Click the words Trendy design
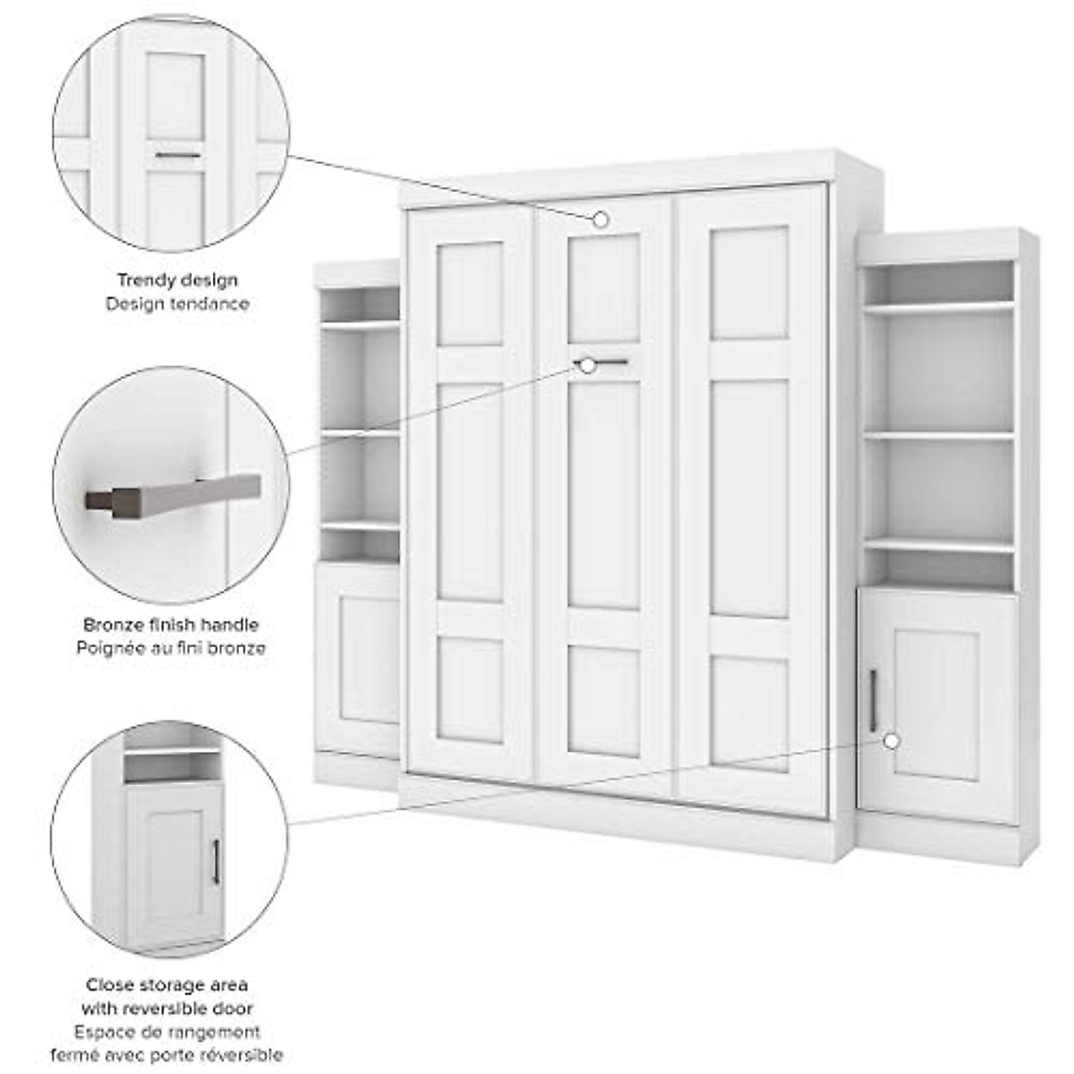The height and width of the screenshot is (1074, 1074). pos(177,280)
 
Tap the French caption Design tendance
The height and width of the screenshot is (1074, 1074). pos(177,304)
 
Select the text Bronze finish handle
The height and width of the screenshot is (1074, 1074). pos(171,625)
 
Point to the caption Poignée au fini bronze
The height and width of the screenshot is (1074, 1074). pos(171,647)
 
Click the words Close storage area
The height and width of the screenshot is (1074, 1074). pos(167,984)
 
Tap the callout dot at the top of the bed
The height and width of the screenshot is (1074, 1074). pos(601,219)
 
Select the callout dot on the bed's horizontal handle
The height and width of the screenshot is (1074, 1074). pos(588,364)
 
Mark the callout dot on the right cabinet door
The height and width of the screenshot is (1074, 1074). pos(891,741)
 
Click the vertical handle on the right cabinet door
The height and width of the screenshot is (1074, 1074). pos(874,700)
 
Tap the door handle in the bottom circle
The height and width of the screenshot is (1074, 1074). pos(216,861)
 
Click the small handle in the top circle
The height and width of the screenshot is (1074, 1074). pos(177,156)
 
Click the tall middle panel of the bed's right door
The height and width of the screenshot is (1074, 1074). pos(749,498)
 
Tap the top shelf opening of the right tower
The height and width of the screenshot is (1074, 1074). pos(940,281)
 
